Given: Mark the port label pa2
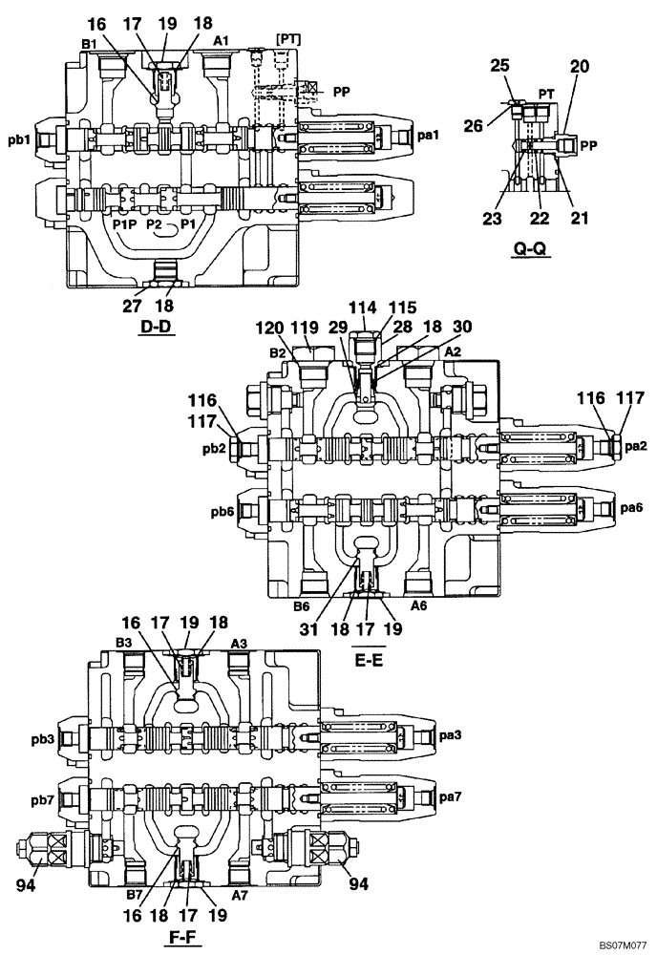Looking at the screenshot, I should (636, 446).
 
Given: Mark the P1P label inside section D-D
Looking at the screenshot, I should (123, 223).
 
